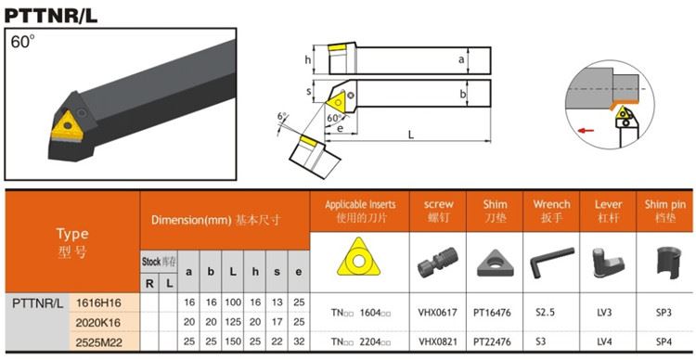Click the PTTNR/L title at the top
[x=51, y=16]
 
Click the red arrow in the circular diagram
[x=586, y=131]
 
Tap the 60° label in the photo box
[x=22, y=42]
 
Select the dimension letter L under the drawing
[x=411, y=135]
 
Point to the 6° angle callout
[x=281, y=116]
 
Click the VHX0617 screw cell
[x=437, y=312]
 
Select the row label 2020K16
[x=98, y=323]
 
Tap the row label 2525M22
[x=98, y=342]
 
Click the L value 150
[x=233, y=341]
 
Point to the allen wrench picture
[x=552, y=263]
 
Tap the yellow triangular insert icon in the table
[x=358, y=257]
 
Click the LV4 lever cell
[x=604, y=341]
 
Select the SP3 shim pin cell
[x=664, y=312]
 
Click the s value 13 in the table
[x=277, y=302]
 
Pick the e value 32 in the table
[x=299, y=341]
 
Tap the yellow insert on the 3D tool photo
[x=67, y=127]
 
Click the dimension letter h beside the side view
[x=307, y=60]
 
